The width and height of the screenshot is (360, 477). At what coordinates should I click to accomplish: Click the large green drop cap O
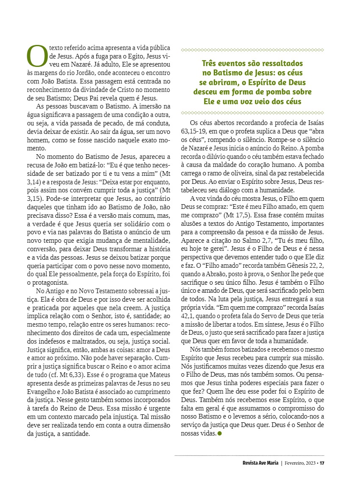37,55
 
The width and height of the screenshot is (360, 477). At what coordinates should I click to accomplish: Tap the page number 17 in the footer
322,463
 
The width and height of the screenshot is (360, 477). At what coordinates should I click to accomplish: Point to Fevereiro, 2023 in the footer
299,463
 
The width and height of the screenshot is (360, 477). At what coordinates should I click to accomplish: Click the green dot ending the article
219,433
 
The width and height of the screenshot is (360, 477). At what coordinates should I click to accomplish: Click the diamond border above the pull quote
252,50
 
